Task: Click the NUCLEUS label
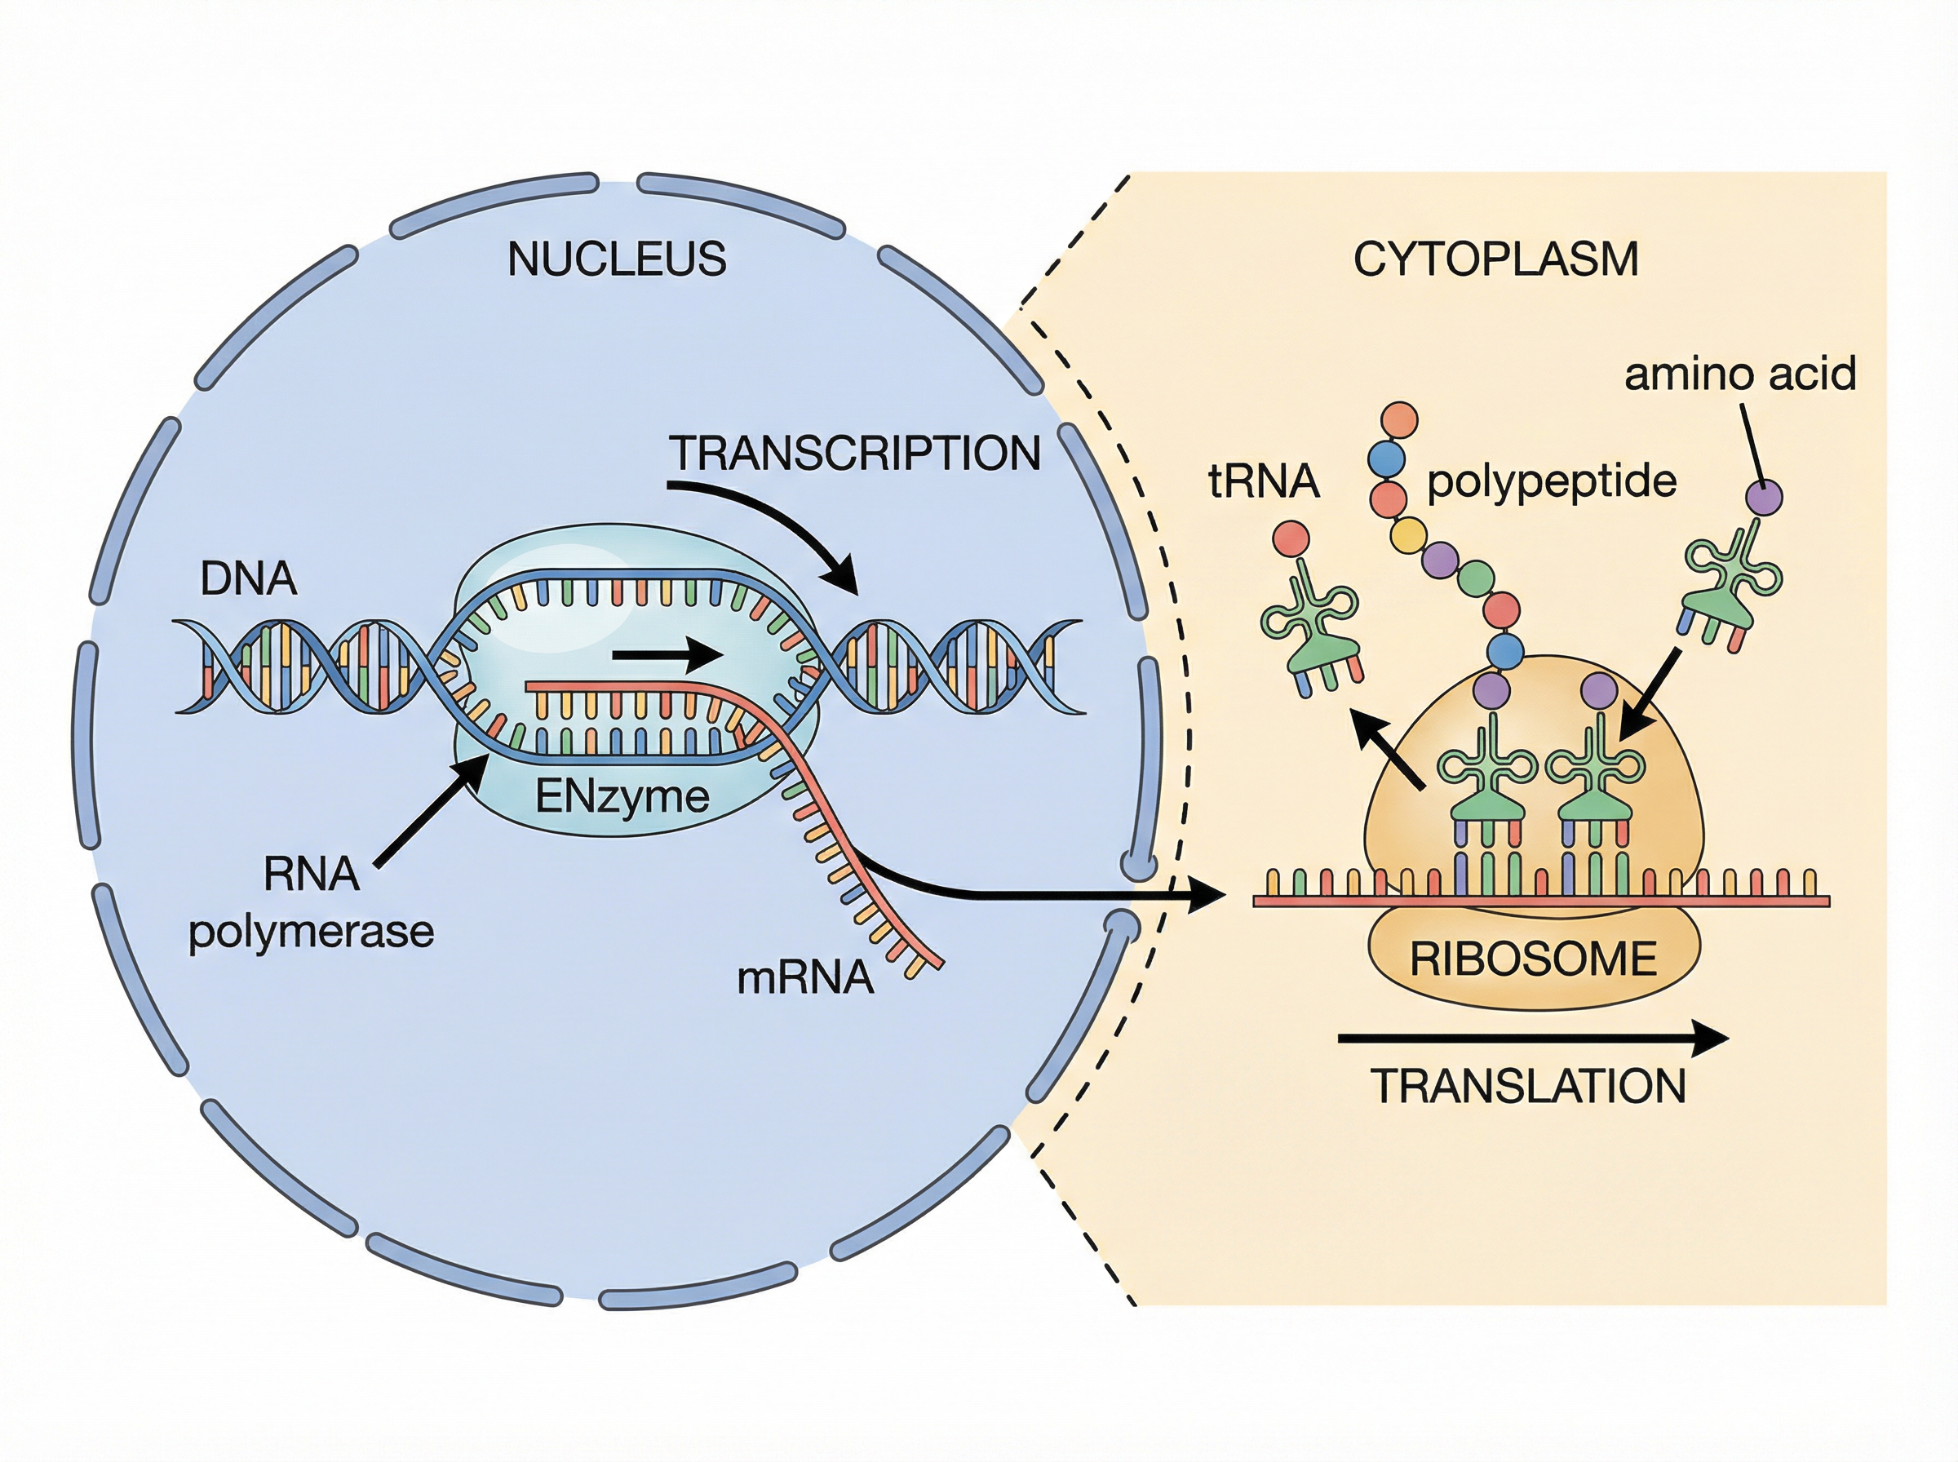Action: pos(617,259)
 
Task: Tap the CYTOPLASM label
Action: pos(1495,259)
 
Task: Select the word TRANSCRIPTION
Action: pos(855,453)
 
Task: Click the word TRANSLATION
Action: pos(1528,1086)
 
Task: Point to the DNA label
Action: pos(249,578)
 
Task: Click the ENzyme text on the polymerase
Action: pos(622,796)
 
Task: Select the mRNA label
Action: pos(805,978)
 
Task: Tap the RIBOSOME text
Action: pos(1533,959)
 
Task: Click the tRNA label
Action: pos(1264,482)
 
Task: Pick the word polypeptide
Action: pos(1552,481)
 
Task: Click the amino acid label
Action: pos(1739,374)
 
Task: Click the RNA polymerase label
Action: pos(312,902)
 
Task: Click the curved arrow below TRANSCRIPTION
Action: pos(778,522)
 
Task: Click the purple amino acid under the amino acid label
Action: pos(1763,498)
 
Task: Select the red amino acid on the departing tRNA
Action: pos(1291,538)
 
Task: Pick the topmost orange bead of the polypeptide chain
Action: pos(1399,419)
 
